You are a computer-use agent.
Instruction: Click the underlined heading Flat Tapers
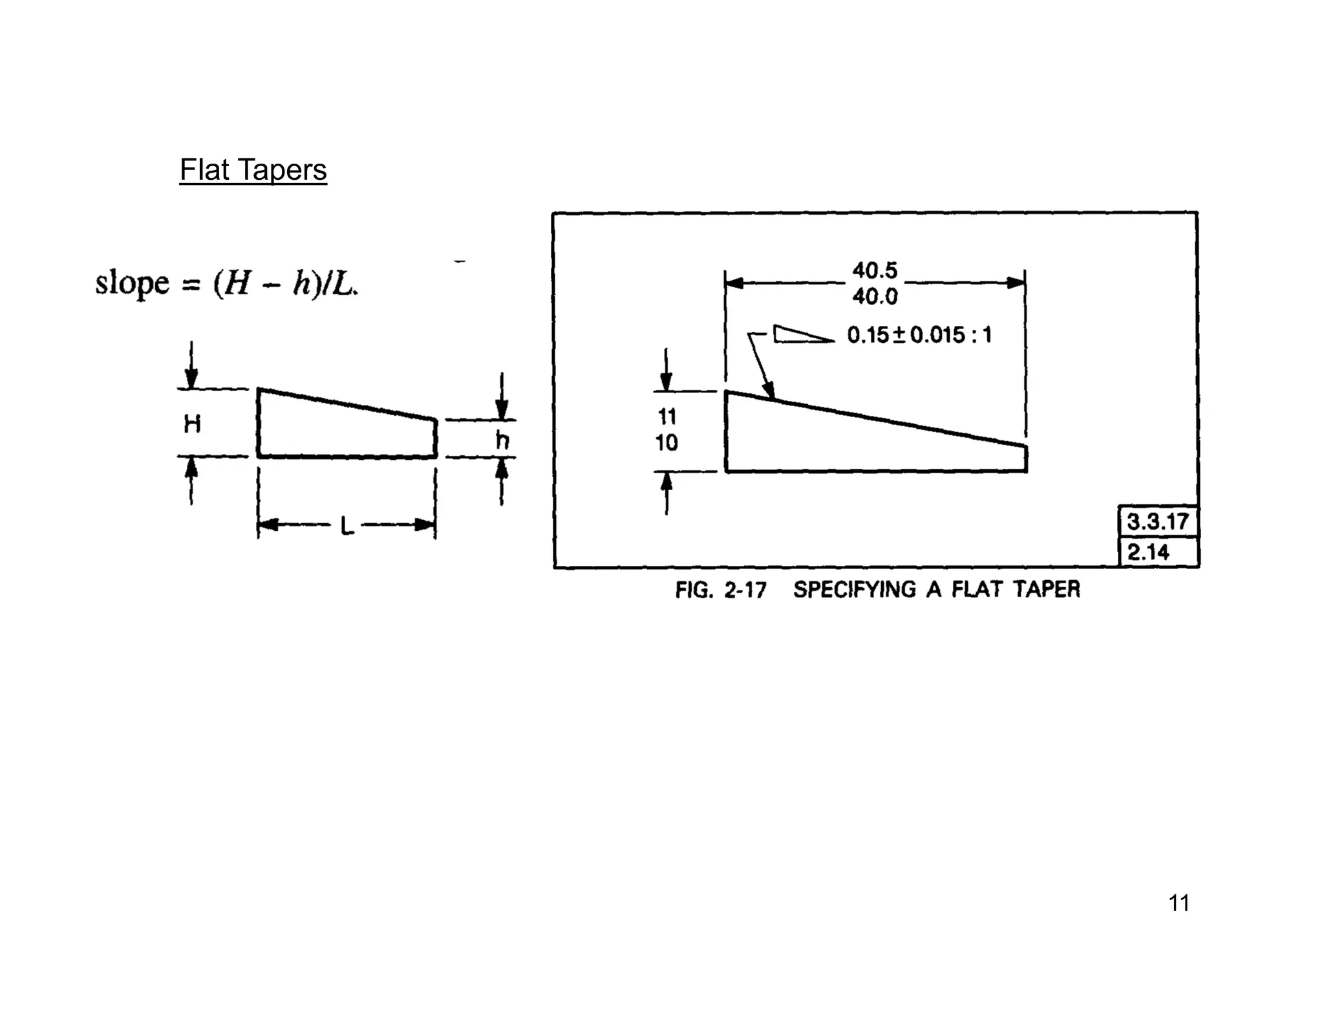(x=253, y=170)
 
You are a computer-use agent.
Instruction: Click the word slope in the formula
(x=132, y=283)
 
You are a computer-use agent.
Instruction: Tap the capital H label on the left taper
(x=192, y=424)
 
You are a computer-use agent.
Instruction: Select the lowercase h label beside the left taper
(x=502, y=440)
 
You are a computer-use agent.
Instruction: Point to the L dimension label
(x=347, y=526)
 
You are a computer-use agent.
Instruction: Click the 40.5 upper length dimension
(x=875, y=270)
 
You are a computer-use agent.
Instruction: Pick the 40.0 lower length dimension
(x=875, y=297)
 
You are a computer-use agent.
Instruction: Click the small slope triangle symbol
(x=802, y=334)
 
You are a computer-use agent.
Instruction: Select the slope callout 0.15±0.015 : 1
(x=919, y=335)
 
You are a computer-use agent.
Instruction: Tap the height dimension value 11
(x=667, y=416)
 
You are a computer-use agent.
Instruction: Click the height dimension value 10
(x=667, y=443)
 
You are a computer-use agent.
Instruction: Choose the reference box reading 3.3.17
(x=1157, y=521)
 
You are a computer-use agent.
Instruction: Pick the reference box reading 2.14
(x=1148, y=552)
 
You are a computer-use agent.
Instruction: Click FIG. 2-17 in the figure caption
(x=720, y=590)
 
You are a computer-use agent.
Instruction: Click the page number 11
(x=1179, y=903)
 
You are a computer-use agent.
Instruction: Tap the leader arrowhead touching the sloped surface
(x=769, y=391)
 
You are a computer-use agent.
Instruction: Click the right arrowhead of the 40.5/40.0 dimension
(x=1016, y=283)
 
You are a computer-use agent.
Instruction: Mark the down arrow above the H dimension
(x=191, y=378)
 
